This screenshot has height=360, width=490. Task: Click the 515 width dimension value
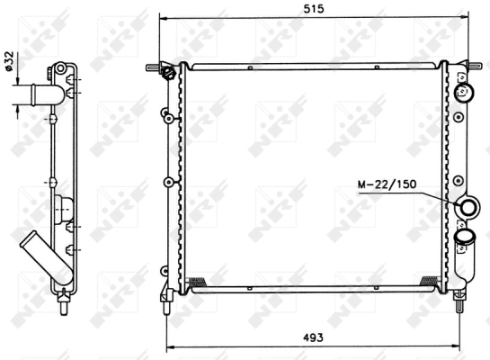(314, 9)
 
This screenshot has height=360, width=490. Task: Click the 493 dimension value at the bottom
(313, 337)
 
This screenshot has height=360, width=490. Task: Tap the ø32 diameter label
(9, 61)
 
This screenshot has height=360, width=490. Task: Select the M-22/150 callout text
(387, 184)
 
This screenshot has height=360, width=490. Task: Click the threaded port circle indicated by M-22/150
(468, 208)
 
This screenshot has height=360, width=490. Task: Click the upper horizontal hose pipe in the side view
(38, 94)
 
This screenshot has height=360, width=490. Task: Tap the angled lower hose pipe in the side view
(46, 258)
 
